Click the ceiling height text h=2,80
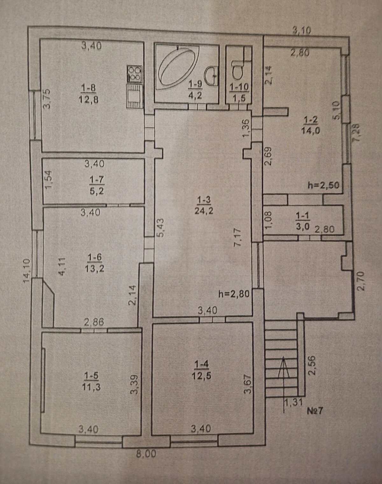coord(234,294)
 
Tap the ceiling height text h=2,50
coord(323,186)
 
